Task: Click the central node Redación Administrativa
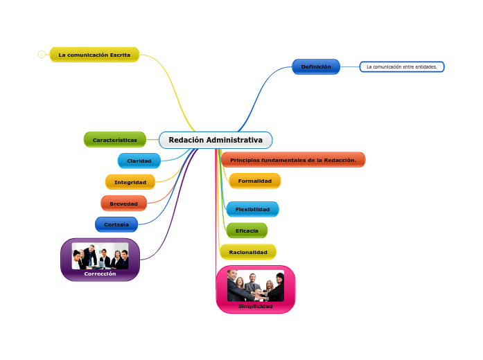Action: pyautogui.click(x=216, y=140)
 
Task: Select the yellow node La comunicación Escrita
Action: pyautogui.click(x=94, y=55)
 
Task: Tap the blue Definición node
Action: pyautogui.click(x=316, y=66)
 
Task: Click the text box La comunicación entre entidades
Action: pyautogui.click(x=402, y=67)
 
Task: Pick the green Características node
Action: pyautogui.click(x=115, y=139)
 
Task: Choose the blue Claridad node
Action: pyautogui.click(x=139, y=161)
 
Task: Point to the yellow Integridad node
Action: pyautogui.click(x=130, y=182)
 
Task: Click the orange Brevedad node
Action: pyautogui.click(x=124, y=204)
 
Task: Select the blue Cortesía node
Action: pyautogui.click(x=116, y=224)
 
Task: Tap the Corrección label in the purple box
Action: pyautogui.click(x=100, y=274)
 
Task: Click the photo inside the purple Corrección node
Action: pyautogui.click(x=100, y=255)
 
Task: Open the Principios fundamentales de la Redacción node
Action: pyautogui.click(x=293, y=160)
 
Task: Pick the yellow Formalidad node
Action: pyautogui.click(x=255, y=181)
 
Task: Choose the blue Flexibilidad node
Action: pyautogui.click(x=252, y=209)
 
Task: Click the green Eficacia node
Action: pyautogui.click(x=247, y=231)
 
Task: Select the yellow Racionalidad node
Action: pyautogui.click(x=248, y=252)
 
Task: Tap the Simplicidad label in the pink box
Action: pyautogui.click(x=256, y=306)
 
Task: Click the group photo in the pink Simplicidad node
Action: pyautogui.click(x=256, y=286)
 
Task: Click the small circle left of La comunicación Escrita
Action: pyautogui.click(x=42, y=55)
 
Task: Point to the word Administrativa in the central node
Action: pyautogui.click(x=235, y=140)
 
